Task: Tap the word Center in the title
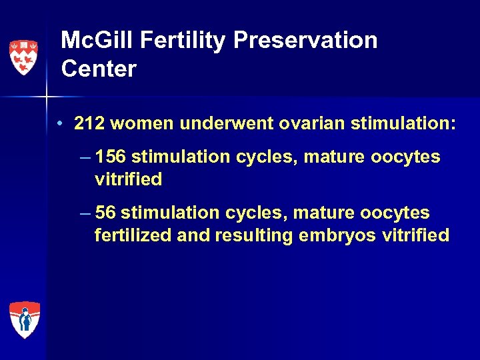(x=98, y=69)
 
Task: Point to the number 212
(x=89, y=124)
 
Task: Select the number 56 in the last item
(x=106, y=213)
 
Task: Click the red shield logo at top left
(x=23, y=57)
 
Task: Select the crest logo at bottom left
(x=24, y=319)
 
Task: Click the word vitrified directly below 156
(x=128, y=180)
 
